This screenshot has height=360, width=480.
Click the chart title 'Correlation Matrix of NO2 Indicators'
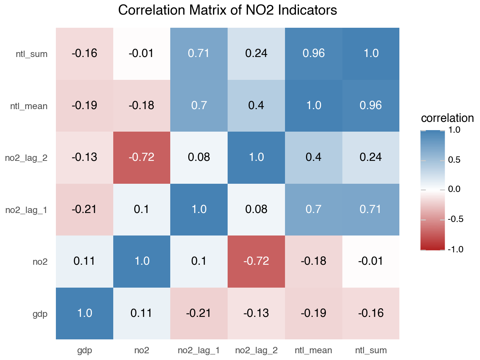pyautogui.click(x=227, y=10)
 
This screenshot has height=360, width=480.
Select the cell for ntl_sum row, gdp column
pyautogui.click(x=84, y=54)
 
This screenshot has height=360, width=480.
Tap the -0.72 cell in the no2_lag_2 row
pyautogui.click(x=142, y=157)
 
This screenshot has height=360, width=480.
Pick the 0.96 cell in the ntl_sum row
pyautogui.click(x=313, y=54)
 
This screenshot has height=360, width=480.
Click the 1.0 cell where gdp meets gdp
pyautogui.click(x=84, y=313)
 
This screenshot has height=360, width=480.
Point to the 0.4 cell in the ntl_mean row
pyautogui.click(x=256, y=106)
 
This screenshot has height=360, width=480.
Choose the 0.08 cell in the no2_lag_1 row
pyautogui.click(x=256, y=210)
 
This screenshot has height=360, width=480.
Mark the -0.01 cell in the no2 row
pyautogui.click(x=371, y=261)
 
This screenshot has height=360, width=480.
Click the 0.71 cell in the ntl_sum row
pyautogui.click(x=199, y=54)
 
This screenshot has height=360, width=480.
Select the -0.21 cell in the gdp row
pyautogui.click(x=199, y=313)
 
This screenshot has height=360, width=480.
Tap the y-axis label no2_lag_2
pyautogui.click(x=26, y=158)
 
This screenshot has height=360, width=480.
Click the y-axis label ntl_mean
pyautogui.click(x=29, y=106)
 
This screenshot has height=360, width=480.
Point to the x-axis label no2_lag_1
pyautogui.click(x=199, y=351)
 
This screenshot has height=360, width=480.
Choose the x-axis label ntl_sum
pyautogui.click(x=371, y=351)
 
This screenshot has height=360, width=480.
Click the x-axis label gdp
pyautogui.click(x=84, y=351)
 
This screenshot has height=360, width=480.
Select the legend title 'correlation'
pyautogui.click(x=447, y=118)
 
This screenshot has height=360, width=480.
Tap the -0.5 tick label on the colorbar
pyautogui.click(x=456, y=219)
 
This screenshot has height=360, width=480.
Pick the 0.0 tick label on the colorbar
pyautogui.click(x=454, y=189)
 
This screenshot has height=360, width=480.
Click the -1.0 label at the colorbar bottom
pyautogui.click(x=456, y=249)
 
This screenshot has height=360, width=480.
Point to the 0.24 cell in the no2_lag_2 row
pyautogui.click(x=371, y=157)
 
